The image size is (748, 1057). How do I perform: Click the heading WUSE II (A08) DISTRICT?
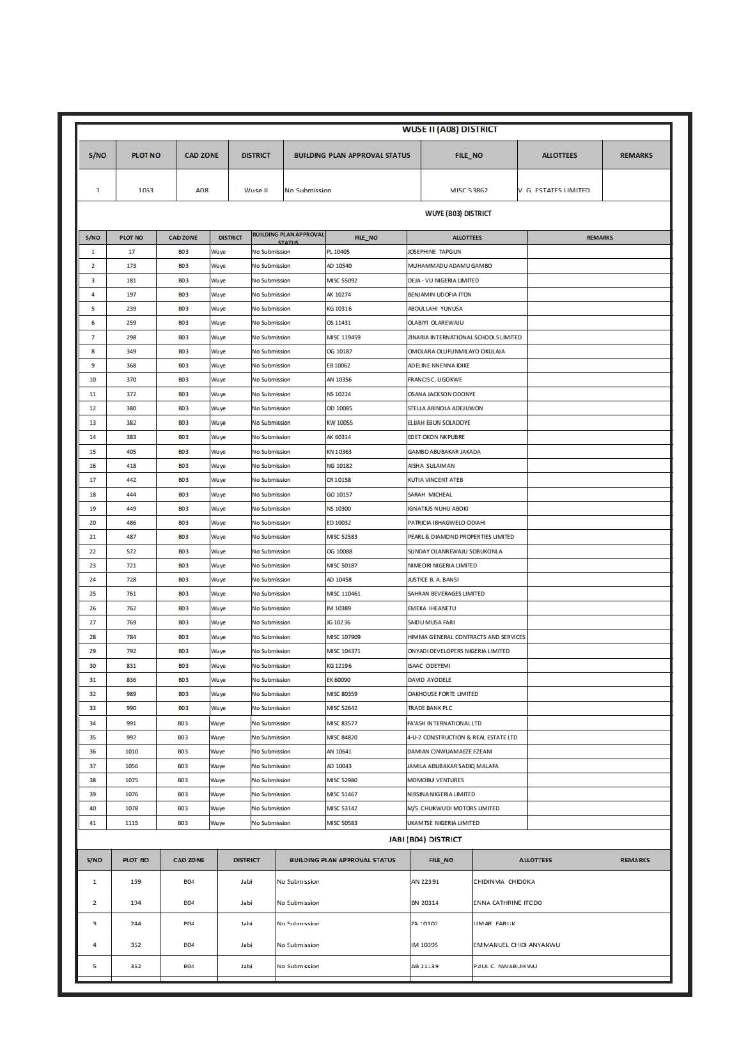449,130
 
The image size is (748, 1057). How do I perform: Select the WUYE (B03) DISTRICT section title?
458,213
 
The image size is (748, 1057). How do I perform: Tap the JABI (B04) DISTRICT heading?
425,839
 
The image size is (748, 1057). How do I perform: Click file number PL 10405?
338,252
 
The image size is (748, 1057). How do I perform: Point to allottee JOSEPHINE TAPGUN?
434,252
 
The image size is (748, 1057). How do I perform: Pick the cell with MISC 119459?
343,337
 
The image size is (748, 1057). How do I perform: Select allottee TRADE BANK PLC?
430,708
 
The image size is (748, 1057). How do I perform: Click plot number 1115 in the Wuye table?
131,823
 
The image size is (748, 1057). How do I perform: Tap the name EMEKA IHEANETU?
432,608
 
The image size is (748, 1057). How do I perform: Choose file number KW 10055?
339,423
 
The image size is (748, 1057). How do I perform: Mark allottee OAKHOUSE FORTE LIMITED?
442,694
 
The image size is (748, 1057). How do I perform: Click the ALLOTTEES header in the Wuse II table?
559,155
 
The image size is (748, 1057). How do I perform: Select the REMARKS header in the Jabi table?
634,860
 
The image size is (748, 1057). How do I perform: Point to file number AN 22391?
425,882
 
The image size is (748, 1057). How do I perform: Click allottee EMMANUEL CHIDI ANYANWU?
516,945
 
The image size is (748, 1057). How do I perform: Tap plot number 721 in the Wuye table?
131,566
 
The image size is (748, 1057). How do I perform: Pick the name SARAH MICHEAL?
430,495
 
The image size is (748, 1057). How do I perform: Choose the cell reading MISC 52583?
342,537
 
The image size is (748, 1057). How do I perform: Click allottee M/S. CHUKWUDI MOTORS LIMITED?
453,808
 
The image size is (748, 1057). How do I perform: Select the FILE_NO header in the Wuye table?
366,238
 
